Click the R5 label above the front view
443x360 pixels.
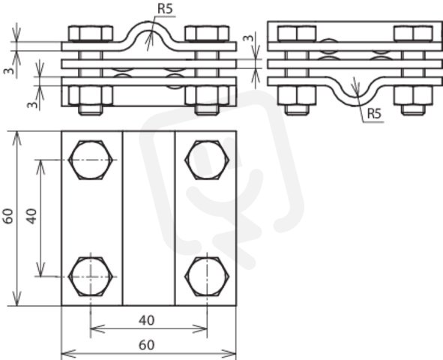[x=165, y=9]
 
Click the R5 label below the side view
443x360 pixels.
[x=374, y=113]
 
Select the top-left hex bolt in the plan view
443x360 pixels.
[x=91, y=160]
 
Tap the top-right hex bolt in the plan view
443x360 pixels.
[x=207, y=160]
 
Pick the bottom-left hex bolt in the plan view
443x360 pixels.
[x=91, y=276]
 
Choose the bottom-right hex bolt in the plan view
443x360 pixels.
[x=207, y=276]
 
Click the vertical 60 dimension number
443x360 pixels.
[x=8, y=217]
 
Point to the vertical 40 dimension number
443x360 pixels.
[x=31, y=217]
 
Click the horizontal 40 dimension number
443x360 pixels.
[x=147, y=320]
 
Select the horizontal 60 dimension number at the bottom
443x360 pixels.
[x=147, y=345]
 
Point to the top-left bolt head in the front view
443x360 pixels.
[x=91, y=34]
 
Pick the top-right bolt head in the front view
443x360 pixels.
[x=207, y=34]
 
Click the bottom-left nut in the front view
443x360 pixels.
[x=91, y=95]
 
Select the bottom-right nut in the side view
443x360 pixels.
[x=413, y=95]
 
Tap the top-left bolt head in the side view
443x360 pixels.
[x=297, y=34]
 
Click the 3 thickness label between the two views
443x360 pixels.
[x=248, y=38]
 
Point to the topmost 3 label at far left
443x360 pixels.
[x=9, y=70]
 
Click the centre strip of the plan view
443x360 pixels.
[x=149, y=218]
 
